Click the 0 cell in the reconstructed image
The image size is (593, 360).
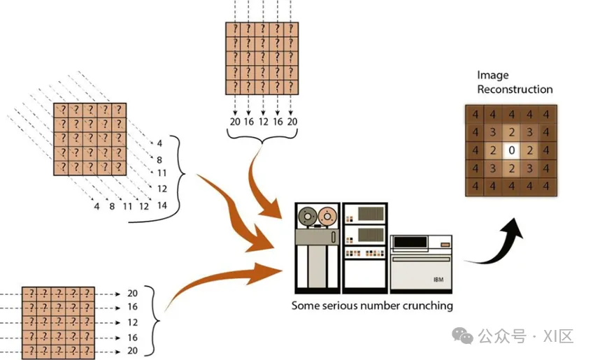[512, 150]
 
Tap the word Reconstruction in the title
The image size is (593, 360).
[515, 89]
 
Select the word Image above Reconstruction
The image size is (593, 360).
[493, 75]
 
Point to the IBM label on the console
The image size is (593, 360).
[438, 280]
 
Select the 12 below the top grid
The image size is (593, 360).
[264, 122]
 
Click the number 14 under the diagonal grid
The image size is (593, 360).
[162, 206]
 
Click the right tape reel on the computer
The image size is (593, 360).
[326, 217]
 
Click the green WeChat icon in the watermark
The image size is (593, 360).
[463, 336]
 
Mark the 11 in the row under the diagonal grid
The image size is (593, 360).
[127, 206]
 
